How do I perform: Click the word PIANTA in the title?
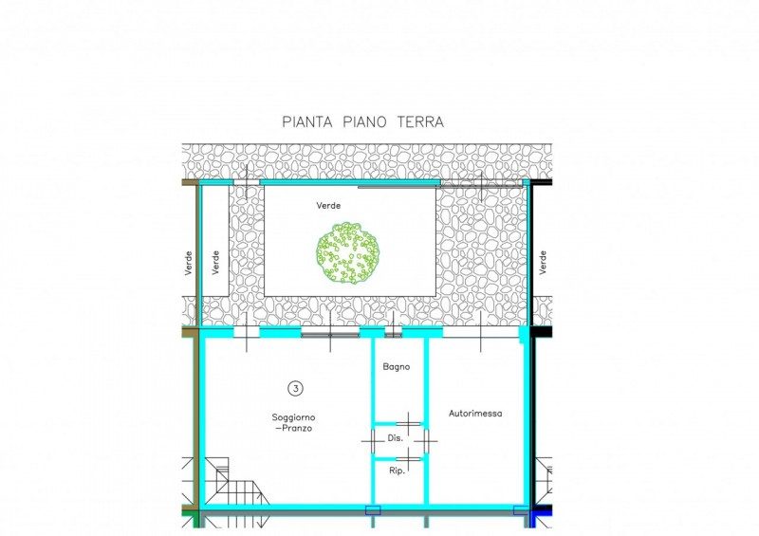click(x=307, y=121)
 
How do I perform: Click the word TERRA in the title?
click(x=420, y=121)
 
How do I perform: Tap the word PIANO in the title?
click(x=365, y=121)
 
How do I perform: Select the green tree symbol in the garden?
click(x=347, y=252)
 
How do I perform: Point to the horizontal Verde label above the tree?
click(x=328, y=206)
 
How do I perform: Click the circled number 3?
click(x=295, y=388)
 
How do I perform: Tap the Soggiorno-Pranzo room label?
click(x=293, y=423)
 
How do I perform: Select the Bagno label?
click(x=396, y=367)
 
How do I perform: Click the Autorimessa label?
click(x=475, y=414)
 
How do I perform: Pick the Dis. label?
click(x=395, y=438)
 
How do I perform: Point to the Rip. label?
click(x=397, y=471)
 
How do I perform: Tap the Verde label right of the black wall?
click(x=543, y=263)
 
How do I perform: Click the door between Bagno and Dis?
click(x=409, y=424)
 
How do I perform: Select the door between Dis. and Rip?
click(x=409, y=458)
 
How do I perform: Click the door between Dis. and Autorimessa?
click(x=426, y=441)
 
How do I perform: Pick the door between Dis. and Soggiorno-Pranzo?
click(x=373, y=441)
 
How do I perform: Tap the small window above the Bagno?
click(x=394, y=333)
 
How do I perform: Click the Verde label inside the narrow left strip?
click(x=216, y=263)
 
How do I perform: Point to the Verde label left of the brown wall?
click(x=189, y=263)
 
